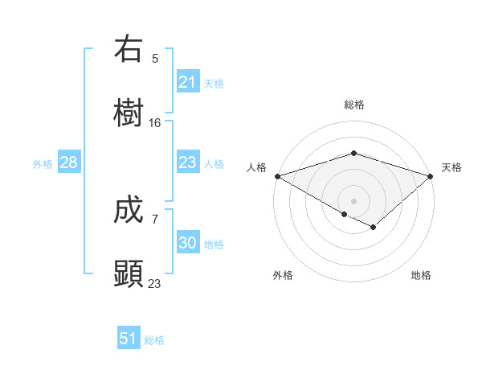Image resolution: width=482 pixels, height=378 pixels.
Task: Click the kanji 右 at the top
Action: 129,50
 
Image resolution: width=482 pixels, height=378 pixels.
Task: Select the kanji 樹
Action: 129,113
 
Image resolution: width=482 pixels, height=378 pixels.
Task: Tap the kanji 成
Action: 129,211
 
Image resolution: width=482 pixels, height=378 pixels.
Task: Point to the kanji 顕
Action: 129,273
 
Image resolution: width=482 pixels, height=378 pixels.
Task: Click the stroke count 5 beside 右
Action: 155,59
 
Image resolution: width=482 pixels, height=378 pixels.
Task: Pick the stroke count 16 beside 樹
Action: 155,123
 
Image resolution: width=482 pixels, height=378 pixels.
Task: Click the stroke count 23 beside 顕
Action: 155,283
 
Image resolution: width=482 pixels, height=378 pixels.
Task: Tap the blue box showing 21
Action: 188,82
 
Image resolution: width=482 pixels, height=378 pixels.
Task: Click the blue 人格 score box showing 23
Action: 188,162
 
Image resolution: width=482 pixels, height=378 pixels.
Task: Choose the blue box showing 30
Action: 188,243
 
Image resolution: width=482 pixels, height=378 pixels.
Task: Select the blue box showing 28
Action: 69,162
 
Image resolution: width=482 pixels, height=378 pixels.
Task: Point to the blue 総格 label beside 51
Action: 154,340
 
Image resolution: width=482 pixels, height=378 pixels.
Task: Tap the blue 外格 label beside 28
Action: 43,164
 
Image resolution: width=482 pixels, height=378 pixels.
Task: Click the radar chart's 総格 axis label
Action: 353,105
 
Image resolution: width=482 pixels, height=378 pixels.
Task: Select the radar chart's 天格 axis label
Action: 452,167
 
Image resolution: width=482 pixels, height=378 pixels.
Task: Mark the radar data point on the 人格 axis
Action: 276,176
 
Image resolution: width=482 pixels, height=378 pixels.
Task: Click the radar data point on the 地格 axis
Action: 374,228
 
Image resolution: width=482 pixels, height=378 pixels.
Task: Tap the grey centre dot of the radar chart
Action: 353,200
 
